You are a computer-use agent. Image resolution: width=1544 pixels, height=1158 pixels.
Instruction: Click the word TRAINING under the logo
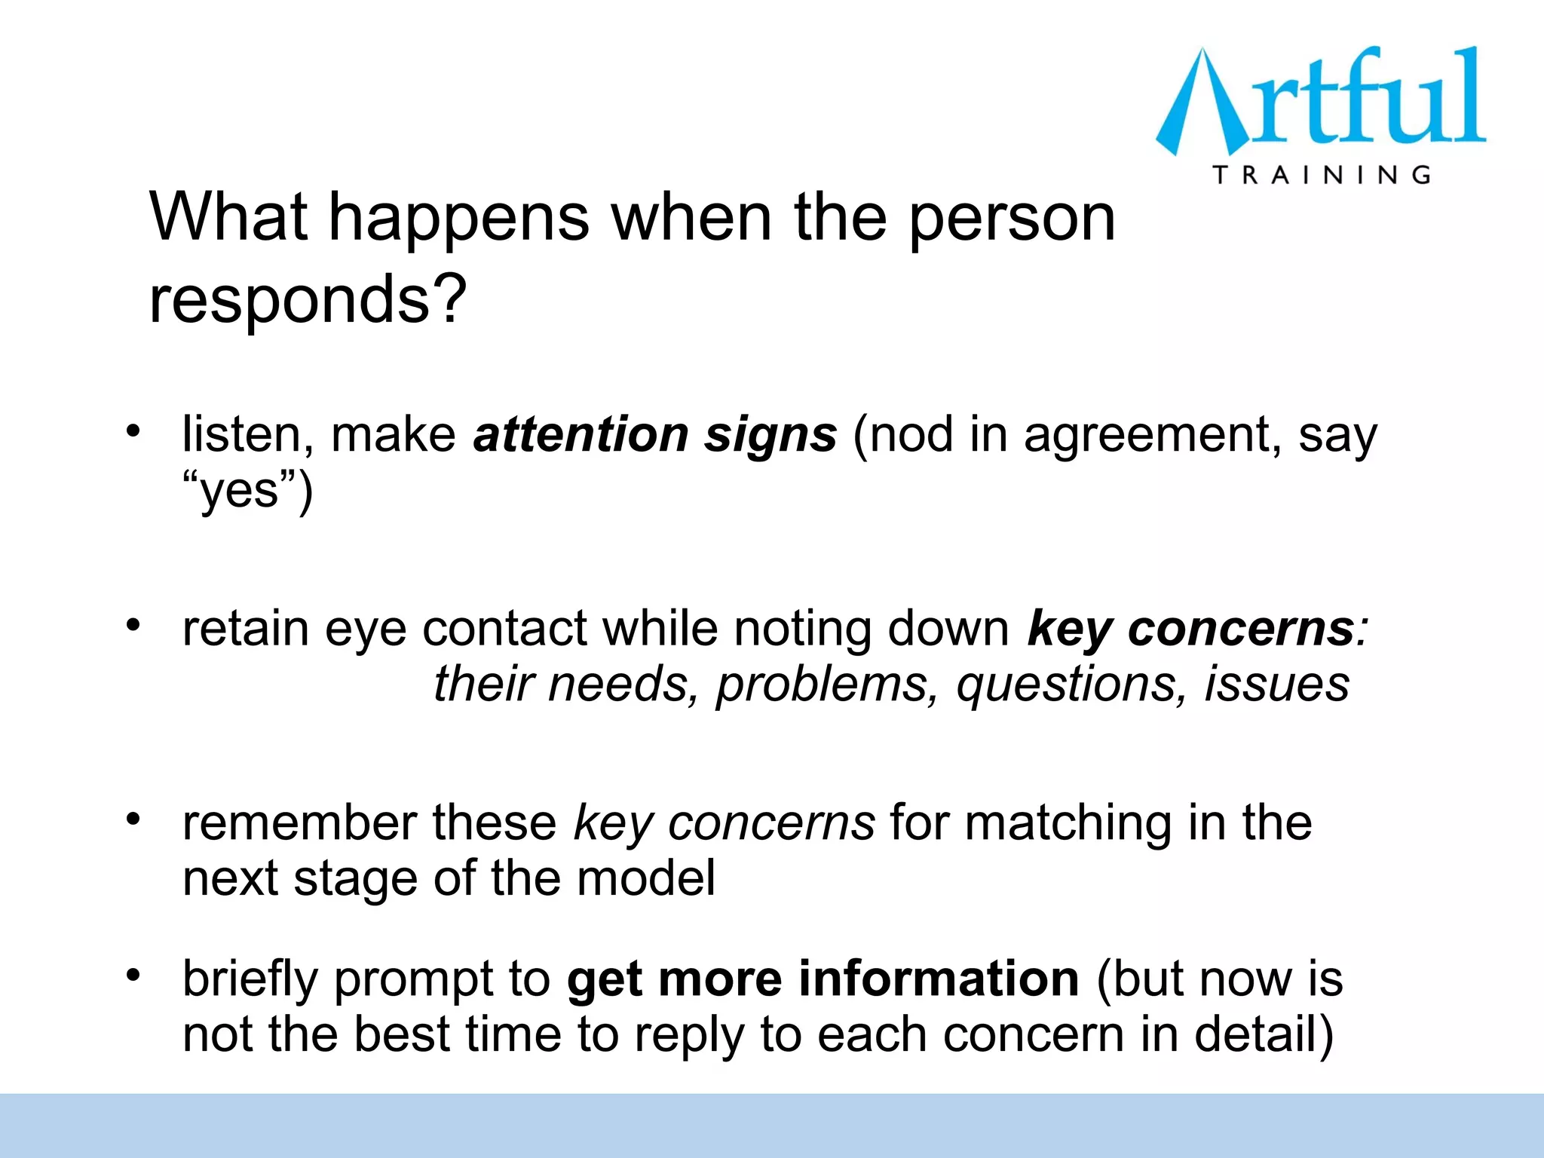1322,175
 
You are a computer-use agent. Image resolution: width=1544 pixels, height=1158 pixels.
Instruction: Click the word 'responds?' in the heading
308,300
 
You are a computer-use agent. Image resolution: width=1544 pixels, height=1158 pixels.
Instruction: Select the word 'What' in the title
228,218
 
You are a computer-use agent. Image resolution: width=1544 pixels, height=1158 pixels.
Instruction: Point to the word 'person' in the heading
1011,218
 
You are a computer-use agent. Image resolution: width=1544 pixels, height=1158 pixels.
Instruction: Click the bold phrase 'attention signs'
654,435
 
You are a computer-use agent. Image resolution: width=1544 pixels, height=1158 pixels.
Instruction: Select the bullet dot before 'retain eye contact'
133,625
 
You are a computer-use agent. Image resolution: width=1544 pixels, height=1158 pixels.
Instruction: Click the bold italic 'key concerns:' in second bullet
1197,628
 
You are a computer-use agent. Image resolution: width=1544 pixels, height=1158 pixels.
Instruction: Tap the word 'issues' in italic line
1276,684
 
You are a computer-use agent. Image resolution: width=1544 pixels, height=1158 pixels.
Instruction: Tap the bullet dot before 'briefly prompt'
133,976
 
